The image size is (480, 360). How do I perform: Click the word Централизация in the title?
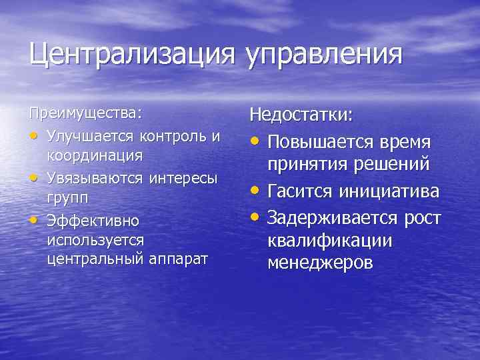tap(131, 54)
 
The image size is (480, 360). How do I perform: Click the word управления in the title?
tap(325, 55)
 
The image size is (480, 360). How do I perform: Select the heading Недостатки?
tap(301, 115)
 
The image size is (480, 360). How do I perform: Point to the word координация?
tap(95, 155)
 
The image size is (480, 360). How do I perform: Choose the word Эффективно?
tap(92, 220)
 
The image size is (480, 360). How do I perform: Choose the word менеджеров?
tap(321, 263)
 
